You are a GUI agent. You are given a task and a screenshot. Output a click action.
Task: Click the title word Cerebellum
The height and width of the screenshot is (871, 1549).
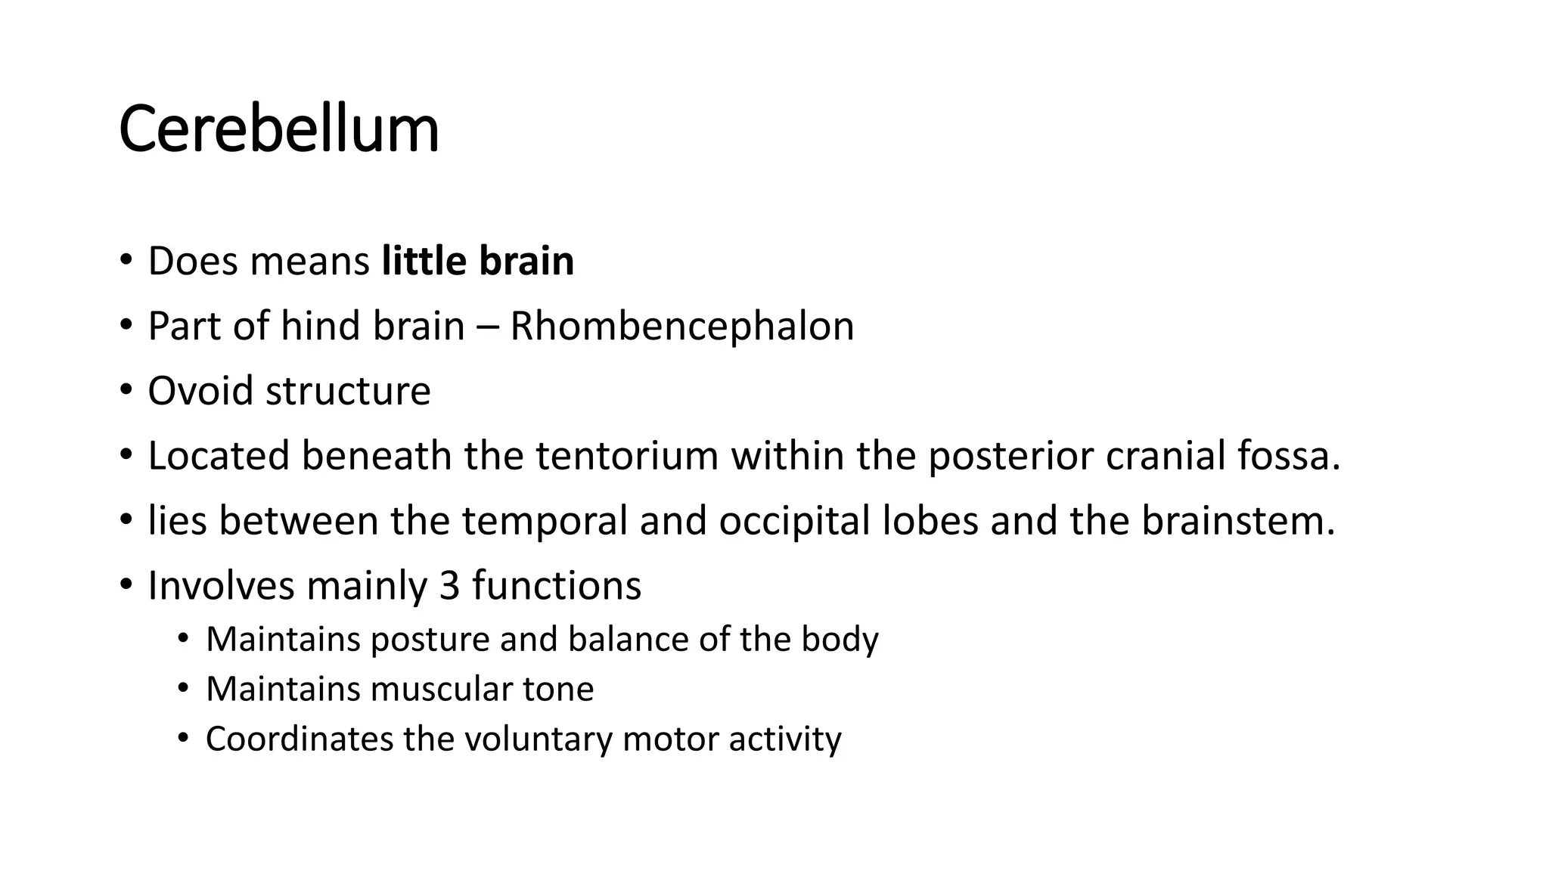pyautogui.click(x=278, y=129)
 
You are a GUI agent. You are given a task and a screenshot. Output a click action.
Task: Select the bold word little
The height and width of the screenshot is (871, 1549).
pyautogui.click(x=424, y=261)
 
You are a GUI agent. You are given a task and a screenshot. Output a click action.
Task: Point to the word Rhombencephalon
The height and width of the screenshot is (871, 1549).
pyautogui.click(x=681, y=327)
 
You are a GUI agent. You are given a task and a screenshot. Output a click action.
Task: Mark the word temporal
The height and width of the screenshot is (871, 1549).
pyautogui.click(x=545, y=521)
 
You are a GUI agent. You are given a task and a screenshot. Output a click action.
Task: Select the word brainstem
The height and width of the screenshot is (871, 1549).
pyautogui.click(x=1238, y=521)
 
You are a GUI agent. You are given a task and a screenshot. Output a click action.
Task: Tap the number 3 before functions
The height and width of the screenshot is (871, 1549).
pyautogui.click(x=449, y=586)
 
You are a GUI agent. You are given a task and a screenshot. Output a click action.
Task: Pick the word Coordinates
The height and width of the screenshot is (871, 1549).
pyautogui.click(x=299, y=739)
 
